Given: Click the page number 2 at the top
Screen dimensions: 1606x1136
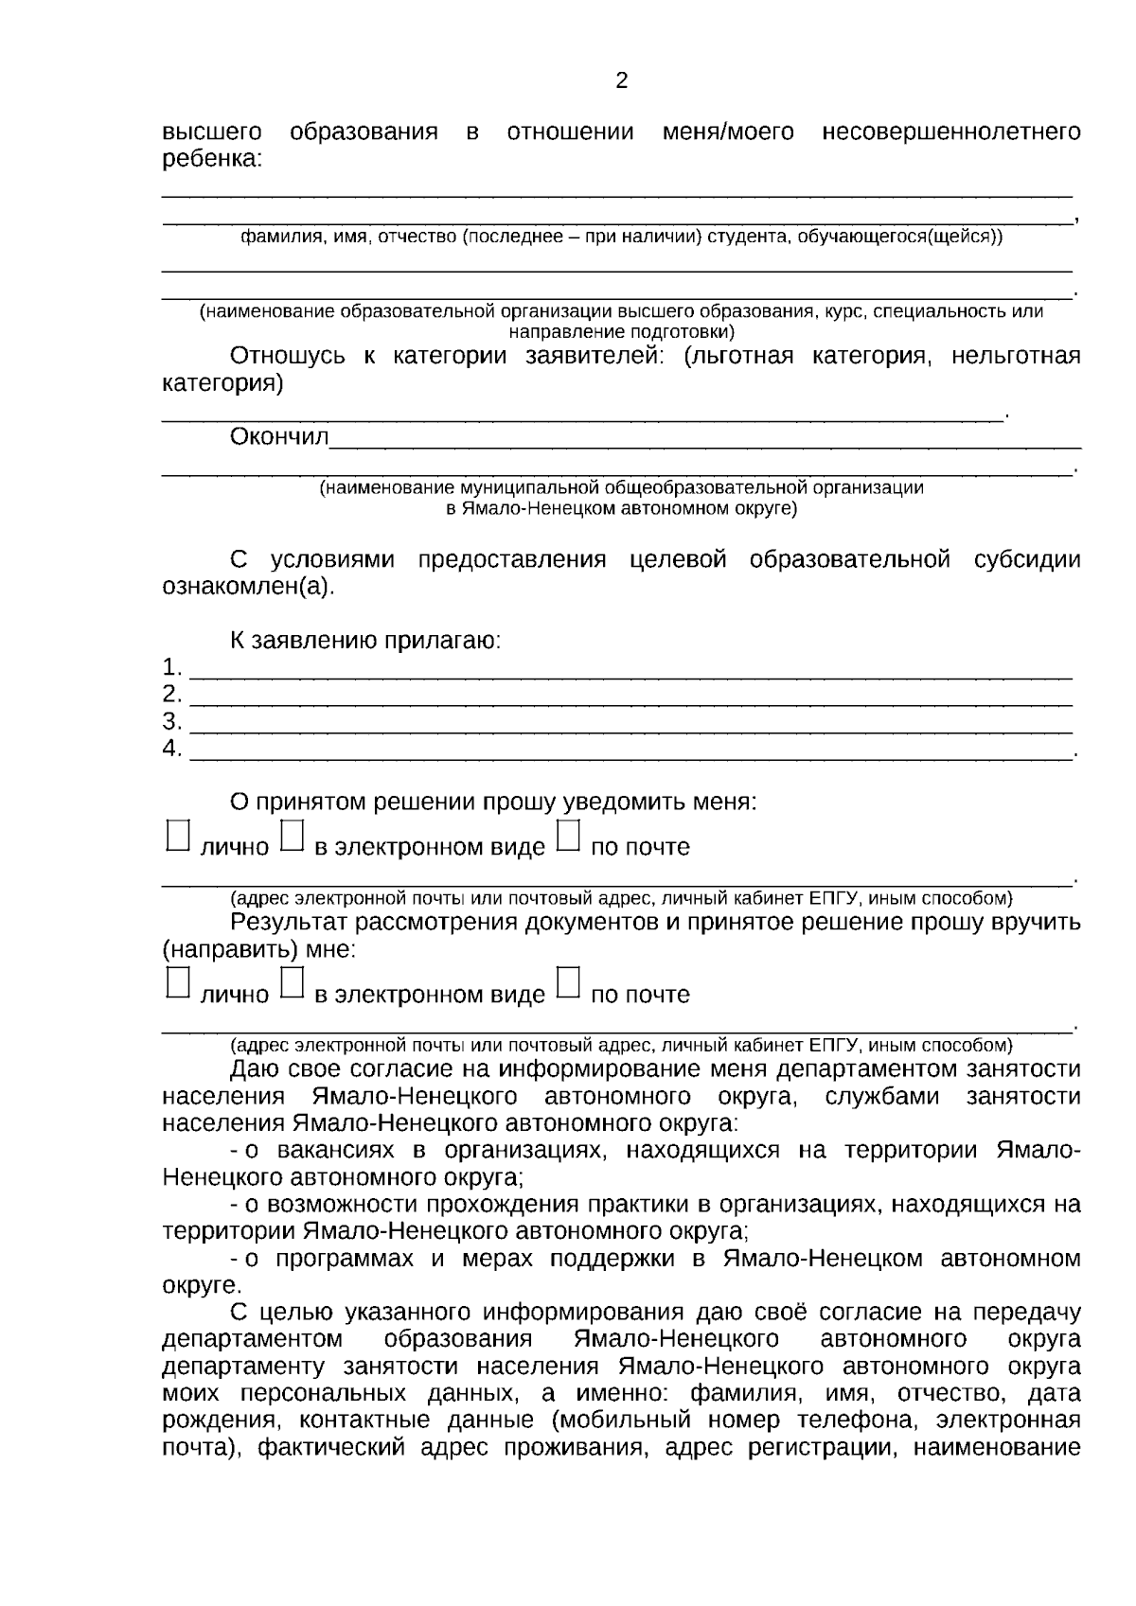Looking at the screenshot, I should tap(621, 81).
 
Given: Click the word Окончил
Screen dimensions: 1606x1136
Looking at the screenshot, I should tap(279, 437).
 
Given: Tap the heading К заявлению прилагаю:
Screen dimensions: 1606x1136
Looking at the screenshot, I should tap(365, 641).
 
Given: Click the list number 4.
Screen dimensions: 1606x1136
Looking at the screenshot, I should tap(171, 750).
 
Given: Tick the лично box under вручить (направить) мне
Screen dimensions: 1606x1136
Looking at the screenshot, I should tap(177, 984).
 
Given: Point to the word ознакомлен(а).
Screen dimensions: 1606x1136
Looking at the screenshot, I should tap(249, 587).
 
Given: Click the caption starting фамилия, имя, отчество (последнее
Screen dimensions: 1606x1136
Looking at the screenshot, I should tap(621, 237).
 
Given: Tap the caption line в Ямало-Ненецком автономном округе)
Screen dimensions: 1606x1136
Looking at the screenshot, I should tap(621, 509).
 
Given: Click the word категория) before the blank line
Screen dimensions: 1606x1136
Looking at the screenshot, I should tap(222, 384).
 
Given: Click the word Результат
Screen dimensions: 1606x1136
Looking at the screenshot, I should tap(288, 923).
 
